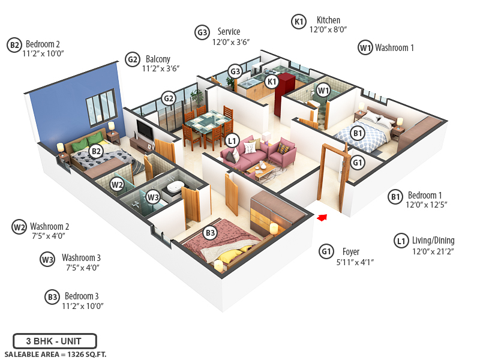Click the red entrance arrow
click(322, 217)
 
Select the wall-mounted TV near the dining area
click(145, 128)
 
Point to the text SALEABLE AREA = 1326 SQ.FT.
click(55, 354)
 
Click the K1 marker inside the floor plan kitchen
click(272, 82)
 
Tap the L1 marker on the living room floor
click(232, 141)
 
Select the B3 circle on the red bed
click(210, 233)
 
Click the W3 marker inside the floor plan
click(153, 196)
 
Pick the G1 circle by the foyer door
click(358, 163)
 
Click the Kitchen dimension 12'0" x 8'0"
click(328, 29)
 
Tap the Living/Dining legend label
click(433, 241)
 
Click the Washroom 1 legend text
click(394, 47)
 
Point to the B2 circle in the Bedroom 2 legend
click(14, 44)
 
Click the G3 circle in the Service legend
click(202, 32)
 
